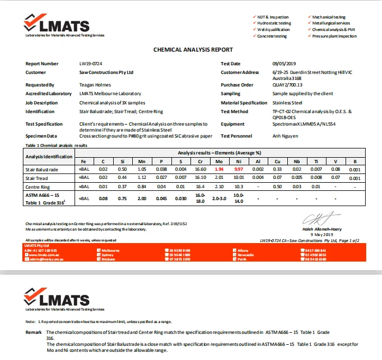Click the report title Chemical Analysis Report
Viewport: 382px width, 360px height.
tap(193, 49)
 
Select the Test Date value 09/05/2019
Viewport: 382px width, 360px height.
tap(283, 64)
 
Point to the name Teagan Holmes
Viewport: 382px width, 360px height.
tap(95, 85)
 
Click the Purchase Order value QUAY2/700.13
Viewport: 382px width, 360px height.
tap(287, 85)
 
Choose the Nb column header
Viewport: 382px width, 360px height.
tap(296, 162)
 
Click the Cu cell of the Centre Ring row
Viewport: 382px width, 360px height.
tap(277, 187)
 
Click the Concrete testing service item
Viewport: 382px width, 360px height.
tap(272, 36)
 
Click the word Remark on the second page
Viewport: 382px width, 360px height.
tap(34, 332)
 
